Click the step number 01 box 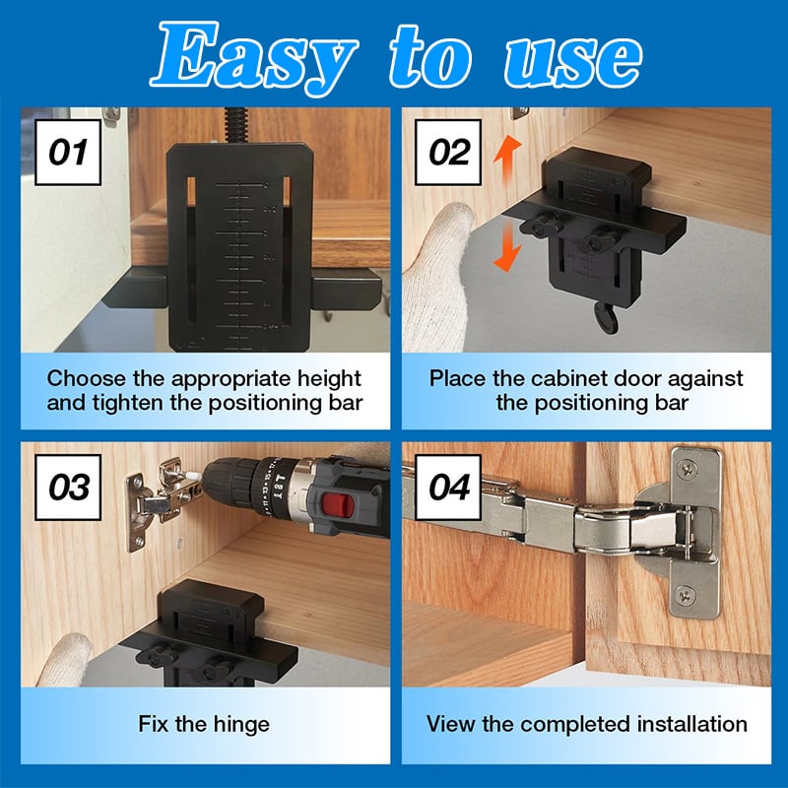click(68, 153)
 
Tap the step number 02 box click(448, 153)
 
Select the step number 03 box click(68, 488)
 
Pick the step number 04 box click(448, 488)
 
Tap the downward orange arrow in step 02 click(506, 246)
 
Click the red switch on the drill click(335, 505)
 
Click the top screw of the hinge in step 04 click(687, 471)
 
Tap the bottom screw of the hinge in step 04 click(686, 597)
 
